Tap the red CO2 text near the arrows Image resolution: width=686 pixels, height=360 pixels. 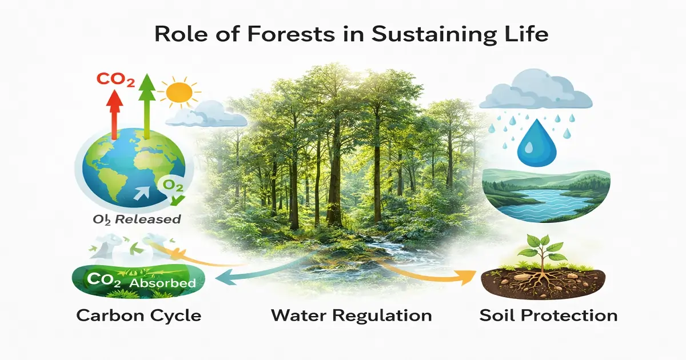(115, 81)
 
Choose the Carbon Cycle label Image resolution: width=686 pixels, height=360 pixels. (138, 315)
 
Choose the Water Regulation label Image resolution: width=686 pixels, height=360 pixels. (351, 315)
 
